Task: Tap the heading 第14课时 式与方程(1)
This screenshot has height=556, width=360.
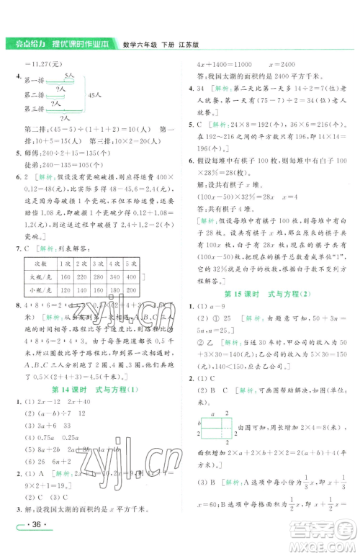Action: coord(91,386)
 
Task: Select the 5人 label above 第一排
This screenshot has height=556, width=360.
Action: coord(70,74)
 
